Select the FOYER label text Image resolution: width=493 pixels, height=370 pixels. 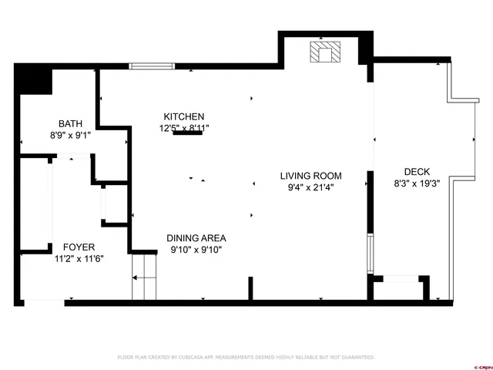coord(79,247)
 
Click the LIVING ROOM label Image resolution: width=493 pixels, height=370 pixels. coord(310,176)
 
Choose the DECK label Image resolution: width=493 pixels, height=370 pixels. coord(416,172)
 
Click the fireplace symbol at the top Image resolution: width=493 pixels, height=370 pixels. coord(324,52)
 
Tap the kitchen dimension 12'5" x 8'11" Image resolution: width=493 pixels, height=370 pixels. coord(184,128)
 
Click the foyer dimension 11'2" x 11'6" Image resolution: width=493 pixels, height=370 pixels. coord(79,259)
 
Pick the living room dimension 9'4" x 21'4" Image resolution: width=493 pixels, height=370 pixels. coord(310,187)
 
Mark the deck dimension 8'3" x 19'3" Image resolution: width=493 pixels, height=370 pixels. coord(416,183)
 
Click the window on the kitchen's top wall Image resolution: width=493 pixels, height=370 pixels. coord(152,66)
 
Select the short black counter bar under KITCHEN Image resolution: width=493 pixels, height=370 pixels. coord(188,133)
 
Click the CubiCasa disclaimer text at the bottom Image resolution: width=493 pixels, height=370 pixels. coord(246,357)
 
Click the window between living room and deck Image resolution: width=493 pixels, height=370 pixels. coord(371,254)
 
